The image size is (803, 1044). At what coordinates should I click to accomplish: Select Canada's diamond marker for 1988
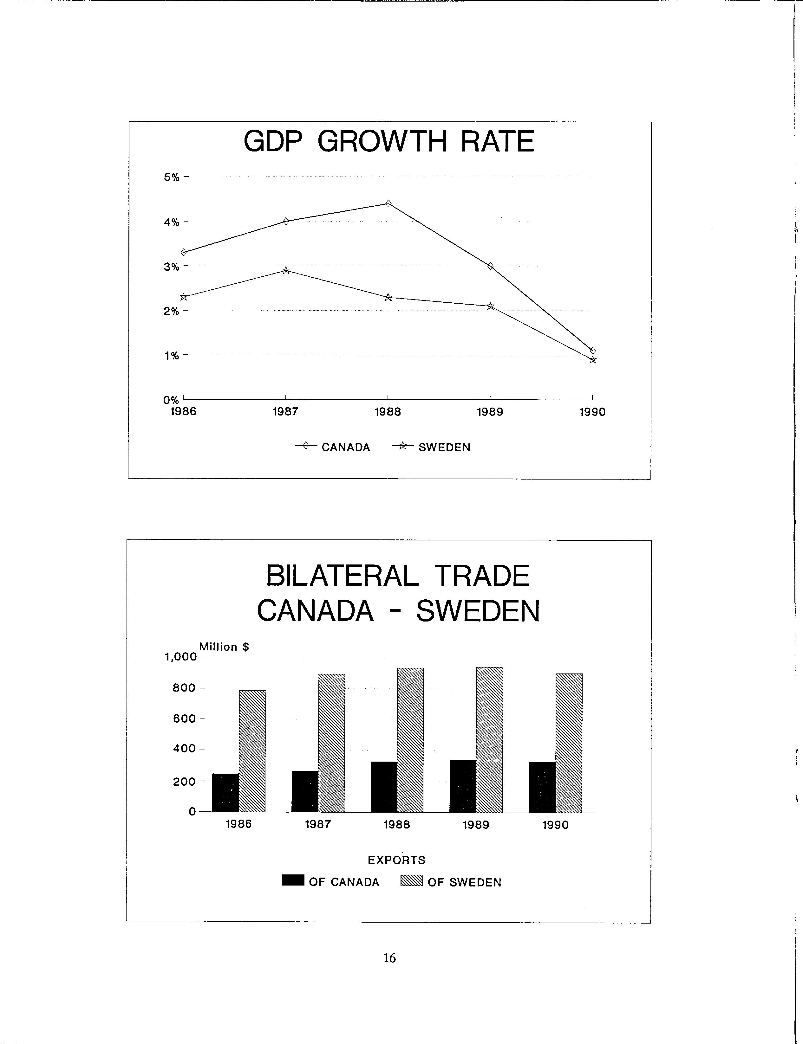click(x=388, y=203)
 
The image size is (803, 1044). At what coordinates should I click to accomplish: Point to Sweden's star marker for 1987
click(x=286, y=271)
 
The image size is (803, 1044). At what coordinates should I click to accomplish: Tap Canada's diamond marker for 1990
click(x=593, y=351)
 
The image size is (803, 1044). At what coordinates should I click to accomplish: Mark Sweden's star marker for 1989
click(x=490, y=306)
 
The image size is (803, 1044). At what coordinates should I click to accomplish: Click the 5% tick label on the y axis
click(x=172, y=177)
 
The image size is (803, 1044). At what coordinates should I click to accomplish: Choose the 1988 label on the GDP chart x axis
click(x=388, y=412)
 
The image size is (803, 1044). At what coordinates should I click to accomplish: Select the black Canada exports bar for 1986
click(x=225, y=792)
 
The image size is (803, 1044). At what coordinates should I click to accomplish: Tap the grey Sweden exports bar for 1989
click(x=489, y=739)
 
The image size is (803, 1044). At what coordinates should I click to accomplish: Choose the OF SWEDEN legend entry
click(x=451, y=882)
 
